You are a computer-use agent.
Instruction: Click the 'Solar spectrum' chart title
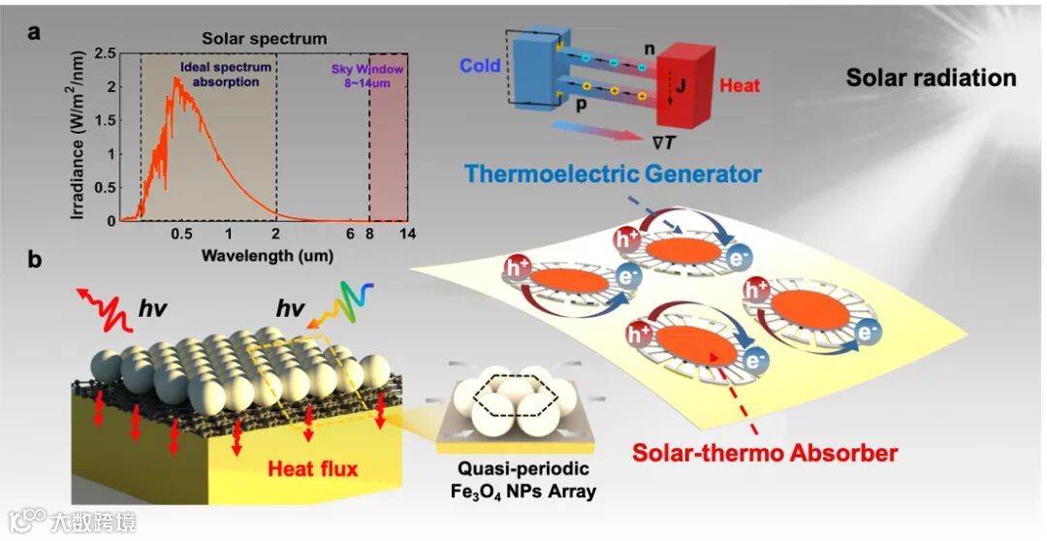click(264, 39)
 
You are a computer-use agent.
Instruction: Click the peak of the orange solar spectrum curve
click(176, 80)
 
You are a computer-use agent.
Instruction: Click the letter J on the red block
click(680, 85)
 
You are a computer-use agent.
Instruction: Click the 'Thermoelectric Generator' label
click(611, 175)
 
